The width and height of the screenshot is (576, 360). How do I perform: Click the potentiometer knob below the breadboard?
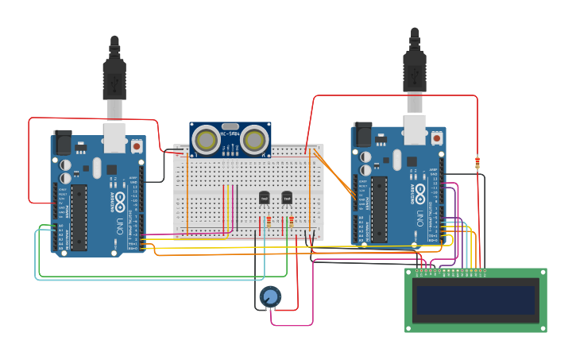pos(270,297)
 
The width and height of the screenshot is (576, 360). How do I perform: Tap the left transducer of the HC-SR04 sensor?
pos(206,141)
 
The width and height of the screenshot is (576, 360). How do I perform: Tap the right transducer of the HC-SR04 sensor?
pos(254,141)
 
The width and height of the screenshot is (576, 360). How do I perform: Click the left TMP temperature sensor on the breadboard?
pos(265,197)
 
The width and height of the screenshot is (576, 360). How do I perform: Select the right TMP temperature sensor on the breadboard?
pos(287,197)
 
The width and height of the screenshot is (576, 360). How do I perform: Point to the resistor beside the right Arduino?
pos(477,163)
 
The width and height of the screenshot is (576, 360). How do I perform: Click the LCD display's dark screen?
pos(475,300)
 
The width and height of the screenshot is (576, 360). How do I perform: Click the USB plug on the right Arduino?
pos(415,72)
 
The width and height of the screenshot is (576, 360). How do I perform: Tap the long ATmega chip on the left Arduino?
pos(79,217)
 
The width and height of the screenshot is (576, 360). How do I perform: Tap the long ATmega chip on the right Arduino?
pos(379,209)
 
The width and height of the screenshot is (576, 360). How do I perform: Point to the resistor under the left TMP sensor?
pos(269,222)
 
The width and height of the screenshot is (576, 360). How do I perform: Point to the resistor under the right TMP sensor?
pos(292,222)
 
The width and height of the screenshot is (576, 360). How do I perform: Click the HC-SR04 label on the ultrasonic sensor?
pos(230,134)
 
